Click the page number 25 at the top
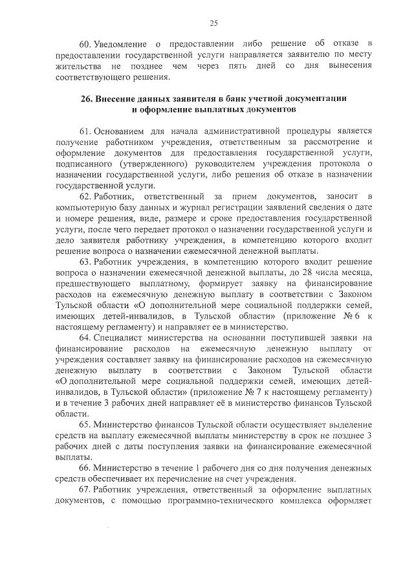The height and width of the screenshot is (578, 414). pyautogui.click(x=214, y=24)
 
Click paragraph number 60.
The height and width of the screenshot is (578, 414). pyautogui.click(x=85, y=44)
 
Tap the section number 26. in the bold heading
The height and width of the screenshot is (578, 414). pyautogui.click(x=87, y=99)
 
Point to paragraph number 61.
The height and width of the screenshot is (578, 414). pyautogui.click(x=85, y=132)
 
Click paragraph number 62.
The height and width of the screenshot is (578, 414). pyautogui.click(x=85, y=195)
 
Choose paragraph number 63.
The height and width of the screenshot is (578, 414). pyautogui.click(x=85, y=261)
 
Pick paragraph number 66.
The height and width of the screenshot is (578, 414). pyautogui.click(x=85, y=467)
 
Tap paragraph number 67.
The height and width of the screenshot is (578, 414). pyautogui.click(x=85, y=489)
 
